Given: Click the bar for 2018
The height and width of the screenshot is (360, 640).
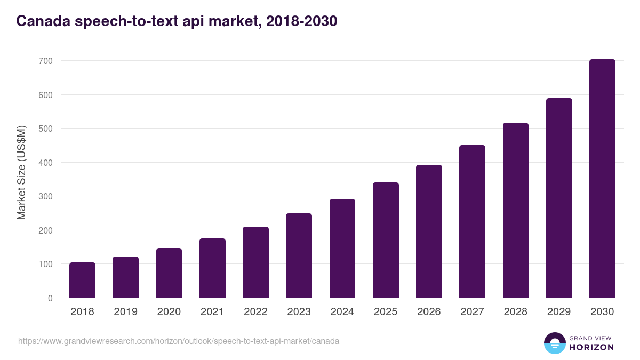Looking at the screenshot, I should point(82,280).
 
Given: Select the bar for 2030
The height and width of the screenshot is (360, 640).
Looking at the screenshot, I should point(602,179).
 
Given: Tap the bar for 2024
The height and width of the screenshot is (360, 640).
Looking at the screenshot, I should point(342,249).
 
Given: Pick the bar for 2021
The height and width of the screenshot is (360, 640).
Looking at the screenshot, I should point(212,268).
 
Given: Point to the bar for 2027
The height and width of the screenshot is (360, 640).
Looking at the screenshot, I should point(472,221).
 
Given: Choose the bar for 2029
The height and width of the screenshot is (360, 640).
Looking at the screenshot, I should point(559,198).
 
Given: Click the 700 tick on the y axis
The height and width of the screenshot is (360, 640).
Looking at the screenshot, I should point(45,61).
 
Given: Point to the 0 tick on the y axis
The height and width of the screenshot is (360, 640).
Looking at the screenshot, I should point(50,298).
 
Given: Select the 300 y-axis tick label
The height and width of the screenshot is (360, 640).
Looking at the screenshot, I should point(45,197).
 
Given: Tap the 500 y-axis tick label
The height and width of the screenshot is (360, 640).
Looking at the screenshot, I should point(45,129).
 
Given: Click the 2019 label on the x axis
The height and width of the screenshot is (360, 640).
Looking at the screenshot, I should point(125,312).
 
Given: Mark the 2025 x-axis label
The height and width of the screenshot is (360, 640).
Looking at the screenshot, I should point(386,312).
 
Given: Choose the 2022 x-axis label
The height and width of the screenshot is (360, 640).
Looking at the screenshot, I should point(255,312).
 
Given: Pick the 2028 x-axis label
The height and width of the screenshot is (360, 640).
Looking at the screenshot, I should point(516,312).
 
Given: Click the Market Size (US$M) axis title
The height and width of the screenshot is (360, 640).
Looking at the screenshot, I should point(21,173).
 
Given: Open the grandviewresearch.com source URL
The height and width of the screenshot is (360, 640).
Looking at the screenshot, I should point(179,341).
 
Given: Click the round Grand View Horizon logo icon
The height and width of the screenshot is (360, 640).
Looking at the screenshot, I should point(555,343).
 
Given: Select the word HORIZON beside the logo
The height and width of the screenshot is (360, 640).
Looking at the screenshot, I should point(591,347).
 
